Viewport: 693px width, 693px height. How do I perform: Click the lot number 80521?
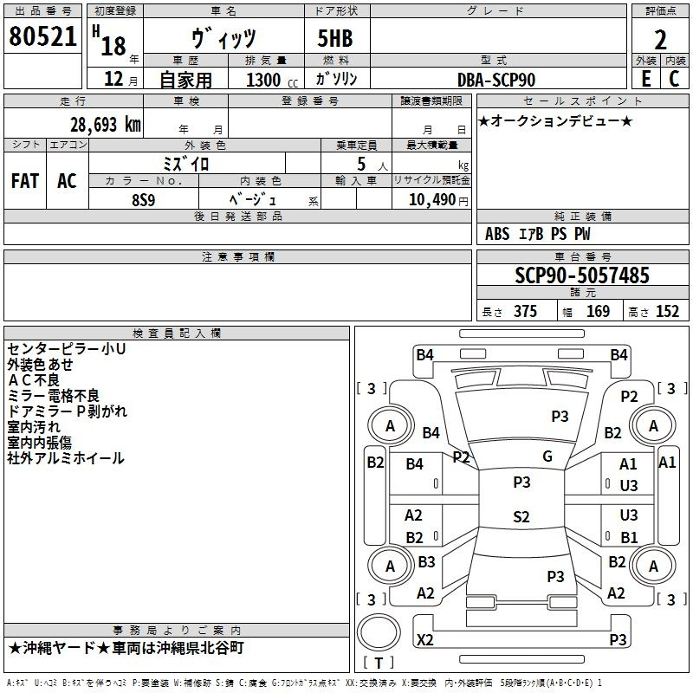[43, 37]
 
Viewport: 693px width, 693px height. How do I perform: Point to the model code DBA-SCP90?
[496, 80]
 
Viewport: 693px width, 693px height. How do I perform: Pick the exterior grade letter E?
[645, 79]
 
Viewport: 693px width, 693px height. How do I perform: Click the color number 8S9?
[144, 198]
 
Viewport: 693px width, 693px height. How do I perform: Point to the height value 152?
[667, 312]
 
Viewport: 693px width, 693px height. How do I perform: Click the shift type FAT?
[25, 181]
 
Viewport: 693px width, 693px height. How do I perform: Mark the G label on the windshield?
[547, 457]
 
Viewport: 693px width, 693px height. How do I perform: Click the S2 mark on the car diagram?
[521, 517]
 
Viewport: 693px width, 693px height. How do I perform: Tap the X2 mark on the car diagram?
[425, 640]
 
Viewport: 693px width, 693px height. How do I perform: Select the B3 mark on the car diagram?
[426, 562]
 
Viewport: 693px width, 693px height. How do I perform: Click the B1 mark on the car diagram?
[629, 537]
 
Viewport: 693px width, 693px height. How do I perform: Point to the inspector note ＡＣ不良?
[34, 379]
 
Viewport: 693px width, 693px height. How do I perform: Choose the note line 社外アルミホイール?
[66, 458]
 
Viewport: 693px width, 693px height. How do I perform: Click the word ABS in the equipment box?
[497, 234]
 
